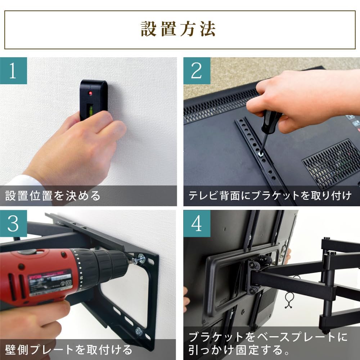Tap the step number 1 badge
(x=13, y=71)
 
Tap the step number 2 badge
(x=197, y=71)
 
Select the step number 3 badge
(x=13, y=224)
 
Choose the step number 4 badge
(x=197, y=224)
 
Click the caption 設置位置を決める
(x=53, y=196)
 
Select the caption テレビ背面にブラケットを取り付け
(x=270, y=196)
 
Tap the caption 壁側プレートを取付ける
(x=68, y=349)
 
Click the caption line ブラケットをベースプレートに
(x=268, y=337)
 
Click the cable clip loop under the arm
(x=289, y=300)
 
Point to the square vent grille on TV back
(x=331, y=164)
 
